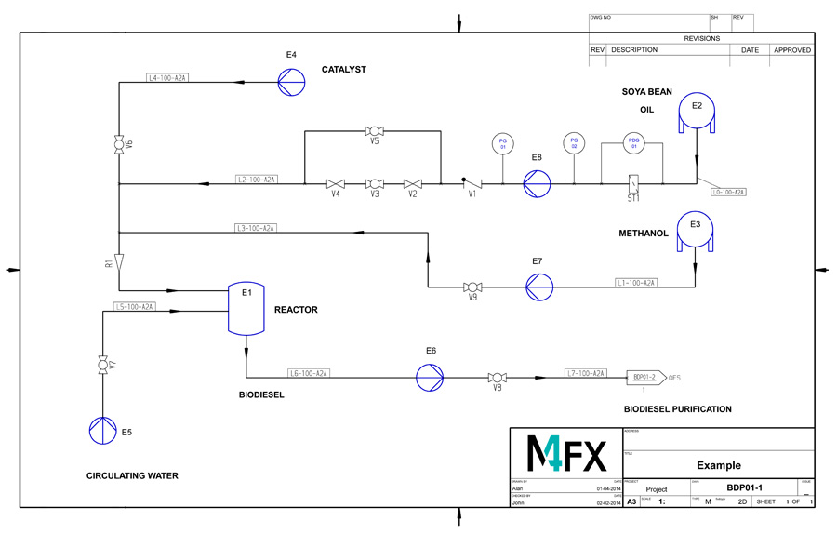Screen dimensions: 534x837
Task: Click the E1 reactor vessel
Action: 246,309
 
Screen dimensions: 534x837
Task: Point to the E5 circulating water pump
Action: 100,429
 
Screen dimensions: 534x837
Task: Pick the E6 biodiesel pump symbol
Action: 430,377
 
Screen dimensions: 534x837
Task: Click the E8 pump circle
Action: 537,183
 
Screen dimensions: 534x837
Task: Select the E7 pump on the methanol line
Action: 538,287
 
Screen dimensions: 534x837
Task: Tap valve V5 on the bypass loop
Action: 374,131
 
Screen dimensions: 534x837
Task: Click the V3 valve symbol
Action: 374,183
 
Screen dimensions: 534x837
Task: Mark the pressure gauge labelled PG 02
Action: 574,142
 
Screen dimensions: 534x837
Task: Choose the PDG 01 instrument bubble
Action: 633,142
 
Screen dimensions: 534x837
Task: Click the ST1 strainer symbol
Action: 632,183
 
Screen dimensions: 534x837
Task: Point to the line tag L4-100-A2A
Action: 168,78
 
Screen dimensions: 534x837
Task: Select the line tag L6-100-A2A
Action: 309,373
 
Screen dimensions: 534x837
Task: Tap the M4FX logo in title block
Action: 565,452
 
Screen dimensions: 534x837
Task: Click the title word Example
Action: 718,465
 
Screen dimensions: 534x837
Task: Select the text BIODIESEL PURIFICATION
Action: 677,409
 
